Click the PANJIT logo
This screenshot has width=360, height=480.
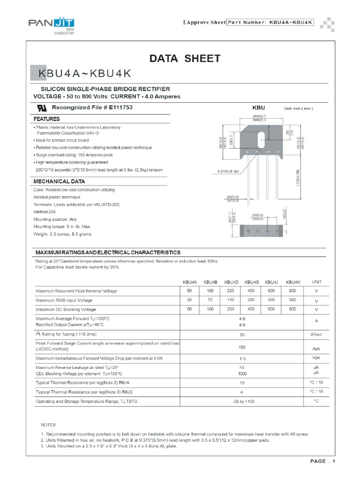coord(52,25)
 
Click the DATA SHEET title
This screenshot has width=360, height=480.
coord(184,59)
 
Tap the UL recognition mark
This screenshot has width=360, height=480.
coord(42,107)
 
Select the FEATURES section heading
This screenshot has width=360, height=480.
coord(46,119)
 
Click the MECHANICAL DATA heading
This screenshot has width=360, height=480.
coord(52,181)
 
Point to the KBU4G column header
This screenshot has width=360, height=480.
coord(252,282)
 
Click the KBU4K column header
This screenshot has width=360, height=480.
coord(292,282)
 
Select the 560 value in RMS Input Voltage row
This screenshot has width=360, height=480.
coord(292,300)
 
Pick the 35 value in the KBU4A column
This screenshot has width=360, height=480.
coord(189,300)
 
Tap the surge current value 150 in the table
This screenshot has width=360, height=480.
coord(242,348)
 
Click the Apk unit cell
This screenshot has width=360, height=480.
coord(315,349)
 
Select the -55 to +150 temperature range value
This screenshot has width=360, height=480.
coord(242,402)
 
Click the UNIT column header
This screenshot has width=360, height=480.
coord(316,282)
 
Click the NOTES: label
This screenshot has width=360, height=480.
coord(48,425)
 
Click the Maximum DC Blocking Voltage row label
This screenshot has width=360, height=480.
coord(66,309)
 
